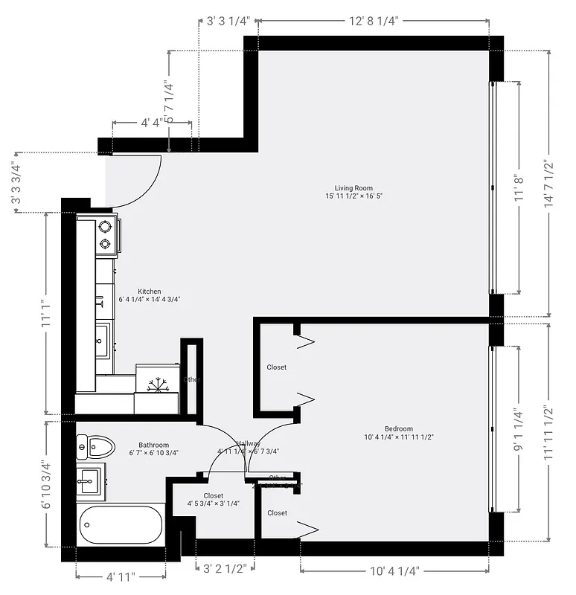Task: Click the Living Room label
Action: tap(353, 188)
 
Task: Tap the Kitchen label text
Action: tap(150, 292)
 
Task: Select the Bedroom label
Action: tap(398, 428)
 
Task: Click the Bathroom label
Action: tap(153, 446)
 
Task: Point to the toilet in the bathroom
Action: tap(95, 447)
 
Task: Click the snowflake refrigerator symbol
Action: tap(157, 385)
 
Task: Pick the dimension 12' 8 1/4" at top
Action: tap(374, 22)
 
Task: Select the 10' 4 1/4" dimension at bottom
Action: tap(394, 571)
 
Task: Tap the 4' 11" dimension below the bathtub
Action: tap(121, 576)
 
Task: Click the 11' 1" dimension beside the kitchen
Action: tap(46, 313)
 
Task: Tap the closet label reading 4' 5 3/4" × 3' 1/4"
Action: tap(213, 500)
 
